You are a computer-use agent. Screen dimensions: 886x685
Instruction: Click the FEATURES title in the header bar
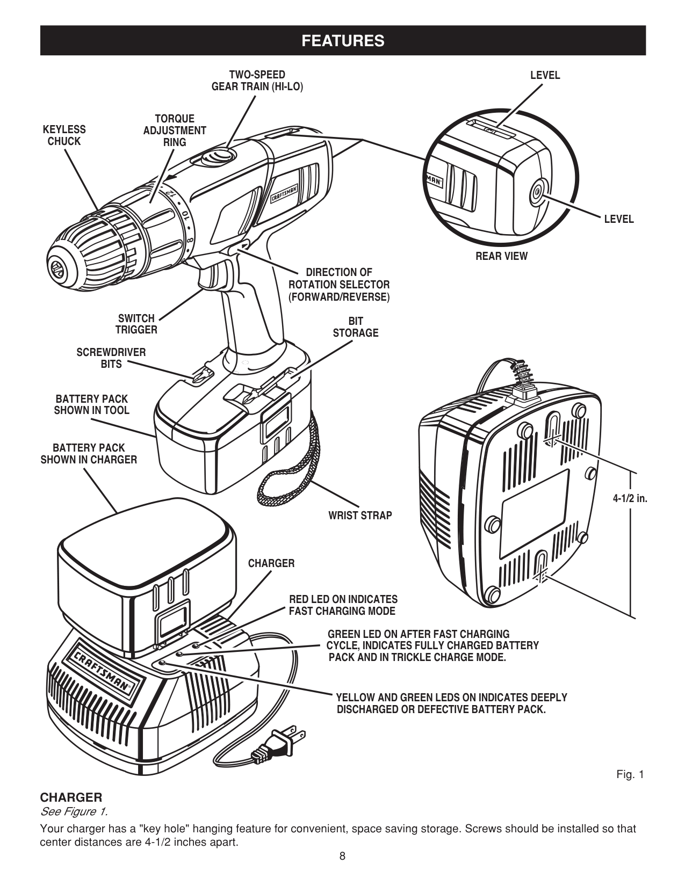[343, 41]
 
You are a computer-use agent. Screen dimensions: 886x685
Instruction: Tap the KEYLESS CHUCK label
[64, 135]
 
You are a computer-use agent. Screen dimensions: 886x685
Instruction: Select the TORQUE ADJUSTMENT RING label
[175, 130]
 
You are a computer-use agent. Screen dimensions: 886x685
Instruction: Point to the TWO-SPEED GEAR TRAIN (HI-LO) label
[257, 81]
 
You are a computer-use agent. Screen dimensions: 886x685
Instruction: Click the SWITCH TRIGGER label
[136, 324]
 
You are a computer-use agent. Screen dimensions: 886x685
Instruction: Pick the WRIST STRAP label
[360, 515]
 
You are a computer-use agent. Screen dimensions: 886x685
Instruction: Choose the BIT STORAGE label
[355, 327]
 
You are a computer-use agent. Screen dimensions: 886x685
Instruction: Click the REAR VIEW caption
[501, 256]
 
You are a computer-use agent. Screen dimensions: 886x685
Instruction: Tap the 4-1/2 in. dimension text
[630, 498]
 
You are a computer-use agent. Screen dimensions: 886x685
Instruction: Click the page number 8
[342, 856]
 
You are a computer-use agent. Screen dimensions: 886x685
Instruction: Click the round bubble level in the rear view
[536, 191]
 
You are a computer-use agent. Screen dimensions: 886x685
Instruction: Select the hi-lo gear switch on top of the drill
[219, 156]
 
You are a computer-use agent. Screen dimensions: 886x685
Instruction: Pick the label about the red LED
[343, 605]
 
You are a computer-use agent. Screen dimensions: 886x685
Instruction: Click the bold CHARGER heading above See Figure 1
[71, 797]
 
